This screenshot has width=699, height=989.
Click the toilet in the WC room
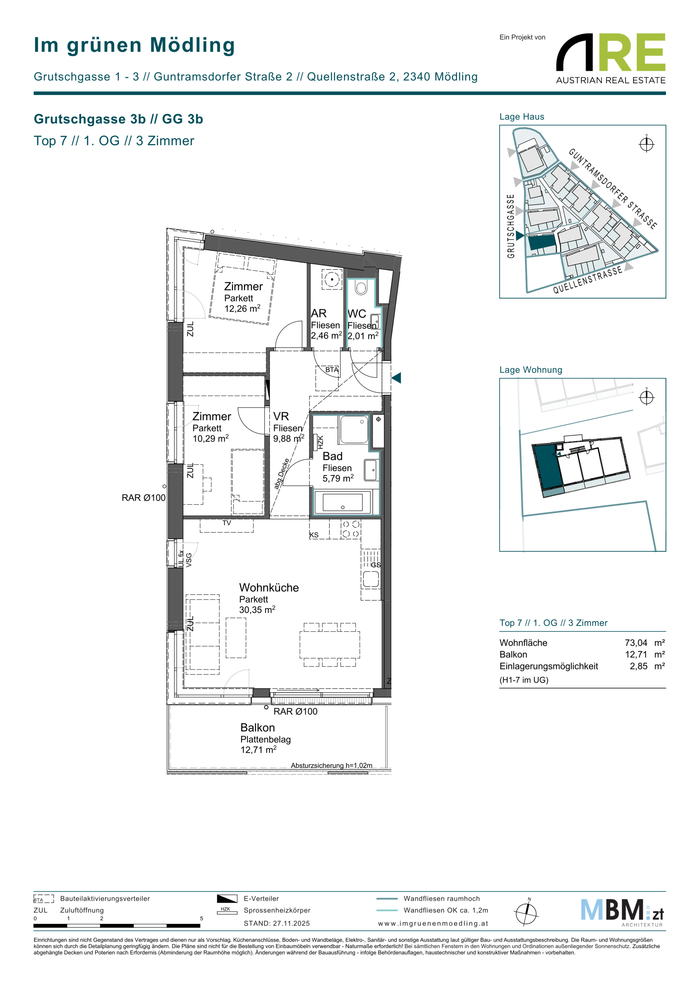tap(361, 288)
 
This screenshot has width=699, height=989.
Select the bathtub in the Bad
tap(343, 502)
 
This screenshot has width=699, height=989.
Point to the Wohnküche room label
tap(269, 587)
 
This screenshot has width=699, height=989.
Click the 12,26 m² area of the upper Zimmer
tap(242, 308)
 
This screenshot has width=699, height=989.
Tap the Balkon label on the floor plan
tap(257, 728)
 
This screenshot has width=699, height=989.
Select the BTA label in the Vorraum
tap(331, 370)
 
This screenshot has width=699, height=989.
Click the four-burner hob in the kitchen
tap(351, 529)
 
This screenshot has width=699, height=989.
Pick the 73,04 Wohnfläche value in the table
tap(636, 643)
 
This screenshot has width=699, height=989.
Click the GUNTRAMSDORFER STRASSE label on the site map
tap(613, 189)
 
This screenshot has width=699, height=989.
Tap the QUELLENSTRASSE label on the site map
tap(587, 280)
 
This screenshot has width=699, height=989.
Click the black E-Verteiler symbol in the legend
tap(227, 899)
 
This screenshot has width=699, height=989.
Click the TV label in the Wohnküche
tap(227, 523)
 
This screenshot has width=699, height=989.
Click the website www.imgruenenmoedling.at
tap(433, 923)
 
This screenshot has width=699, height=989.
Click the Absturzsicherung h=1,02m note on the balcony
tap(331, 765)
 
